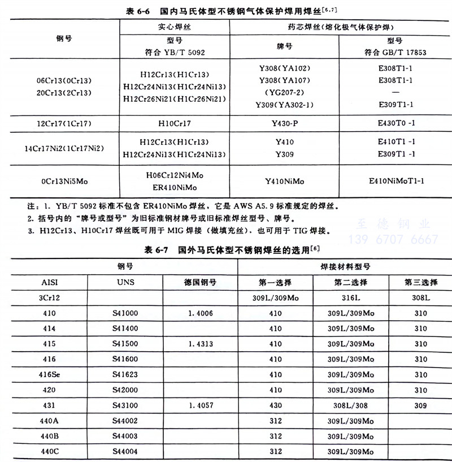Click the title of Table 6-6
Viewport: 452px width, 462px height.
pyautogui.click(x=228, y=10)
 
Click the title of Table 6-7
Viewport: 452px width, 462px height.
pyautogui.click(x=228, y=249)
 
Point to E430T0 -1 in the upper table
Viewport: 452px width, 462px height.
pyautogui.click(x=395, y=122)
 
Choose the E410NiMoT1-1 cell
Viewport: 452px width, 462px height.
pyautogui.click(x=395, y=181)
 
